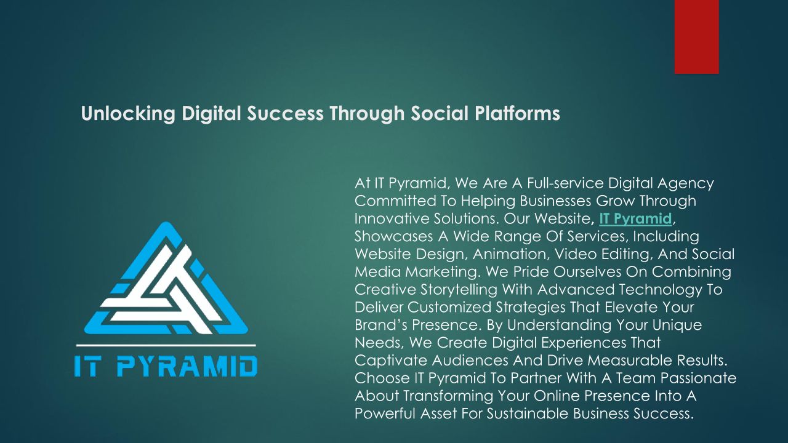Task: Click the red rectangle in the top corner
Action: pos(696,36)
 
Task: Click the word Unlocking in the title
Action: pos(128,114)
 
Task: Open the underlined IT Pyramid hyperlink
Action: pos(635,218)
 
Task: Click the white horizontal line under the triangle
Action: pos(166,346)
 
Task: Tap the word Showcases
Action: pos(393,236)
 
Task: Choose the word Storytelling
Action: pos(459,290)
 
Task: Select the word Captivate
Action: pos(391,361)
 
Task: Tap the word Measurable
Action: pos(629,361)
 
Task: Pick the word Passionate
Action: pos(698,378)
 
